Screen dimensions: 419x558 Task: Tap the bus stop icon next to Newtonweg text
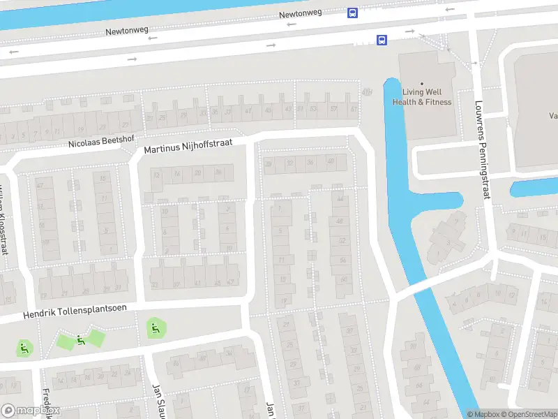pos(353,13)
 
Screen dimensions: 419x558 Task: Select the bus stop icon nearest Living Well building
pos(382,41)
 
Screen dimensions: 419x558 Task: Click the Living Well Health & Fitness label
pos(422,96)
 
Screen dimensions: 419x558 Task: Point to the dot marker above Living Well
pos(422,84)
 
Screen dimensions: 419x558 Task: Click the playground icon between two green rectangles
pos(81,340)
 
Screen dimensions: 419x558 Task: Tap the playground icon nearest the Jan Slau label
pos(154,327)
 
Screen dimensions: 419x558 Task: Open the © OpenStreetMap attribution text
pos(529,414)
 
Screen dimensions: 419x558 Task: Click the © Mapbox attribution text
pos(482,414)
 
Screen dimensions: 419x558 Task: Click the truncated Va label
pos(552,117)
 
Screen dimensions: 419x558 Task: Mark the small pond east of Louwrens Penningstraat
pos(534,188)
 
